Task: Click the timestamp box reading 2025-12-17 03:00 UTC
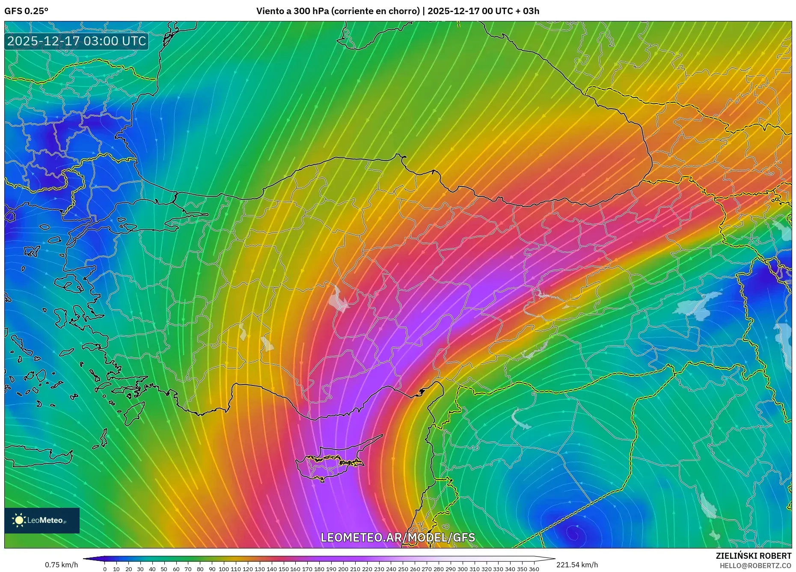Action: point(77,41)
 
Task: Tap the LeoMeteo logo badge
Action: point(42,520)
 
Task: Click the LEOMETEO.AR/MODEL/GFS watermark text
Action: point(398,537)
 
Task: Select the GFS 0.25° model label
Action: point(26,11)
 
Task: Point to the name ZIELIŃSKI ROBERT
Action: point(753,556)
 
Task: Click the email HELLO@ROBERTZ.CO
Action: point(755,566)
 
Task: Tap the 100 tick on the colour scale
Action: point(224,569)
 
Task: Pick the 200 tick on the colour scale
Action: point(343,569)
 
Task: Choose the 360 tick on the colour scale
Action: point(534,569)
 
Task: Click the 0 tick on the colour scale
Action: point(105,569)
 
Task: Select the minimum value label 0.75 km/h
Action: point(62,565)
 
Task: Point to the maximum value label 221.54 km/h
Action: point(577,565)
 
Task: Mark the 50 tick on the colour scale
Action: point(164,569)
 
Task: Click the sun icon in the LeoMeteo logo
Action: point(19,520)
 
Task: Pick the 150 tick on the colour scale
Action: point(283,569)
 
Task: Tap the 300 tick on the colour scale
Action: point(462,569)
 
